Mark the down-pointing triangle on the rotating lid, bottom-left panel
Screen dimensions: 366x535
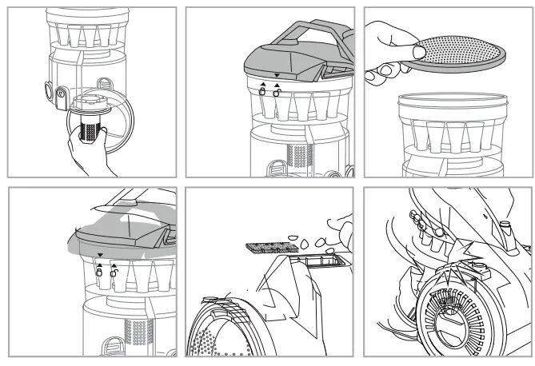pos(99,257)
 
